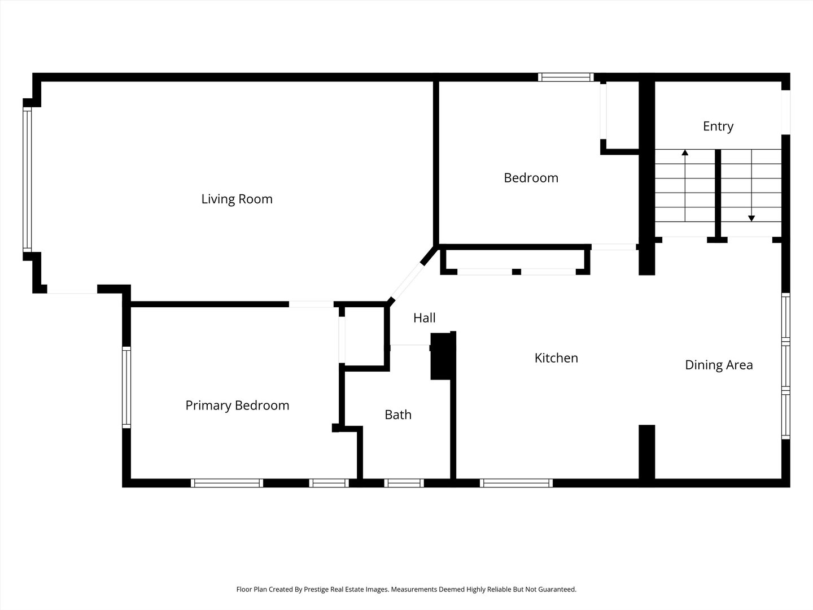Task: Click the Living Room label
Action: click(237, 199)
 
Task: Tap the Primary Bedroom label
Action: click(237, 406)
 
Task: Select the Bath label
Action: click(398, 415)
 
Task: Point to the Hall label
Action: click(424, 318)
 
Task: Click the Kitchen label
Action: click(556, 358)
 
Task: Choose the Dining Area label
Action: click(719, 365)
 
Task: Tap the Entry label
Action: click(718, 127)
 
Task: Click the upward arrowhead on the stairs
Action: click(685, 152)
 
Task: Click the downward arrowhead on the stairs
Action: click(751, 219)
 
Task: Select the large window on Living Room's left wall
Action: click(28, 180)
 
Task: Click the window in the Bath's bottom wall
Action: click(404, 483)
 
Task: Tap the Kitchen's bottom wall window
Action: click(516, 483)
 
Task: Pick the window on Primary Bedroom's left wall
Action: click(126, 387)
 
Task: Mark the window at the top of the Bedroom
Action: click(566, 77)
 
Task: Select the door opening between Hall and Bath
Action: click(410, 345)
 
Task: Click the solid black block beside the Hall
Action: click(441, 356)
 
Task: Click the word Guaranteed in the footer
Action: click(557, 589)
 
